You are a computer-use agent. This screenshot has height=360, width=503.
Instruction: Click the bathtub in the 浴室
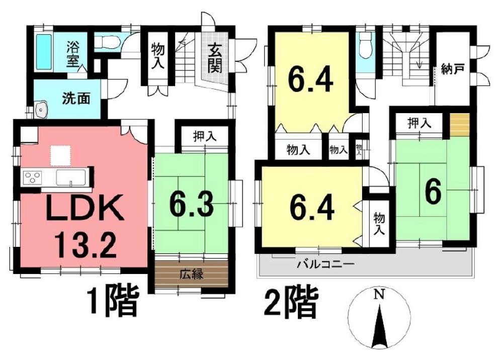pos(44,52)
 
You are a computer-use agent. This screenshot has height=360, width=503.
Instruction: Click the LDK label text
pos(85,208)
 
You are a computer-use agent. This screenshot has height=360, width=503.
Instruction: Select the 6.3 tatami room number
pos(192,205)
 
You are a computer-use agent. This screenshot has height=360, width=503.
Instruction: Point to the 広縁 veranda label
pos(191,275)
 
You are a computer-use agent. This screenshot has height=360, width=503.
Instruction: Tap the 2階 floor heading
pos(291,302)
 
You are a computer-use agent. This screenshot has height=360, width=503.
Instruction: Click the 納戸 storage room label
pos(452,69)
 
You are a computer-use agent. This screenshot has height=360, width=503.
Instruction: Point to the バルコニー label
pos(325,264)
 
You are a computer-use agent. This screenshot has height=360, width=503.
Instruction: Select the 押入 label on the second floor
pos(420,123)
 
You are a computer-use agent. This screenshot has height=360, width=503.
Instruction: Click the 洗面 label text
pos(76,99)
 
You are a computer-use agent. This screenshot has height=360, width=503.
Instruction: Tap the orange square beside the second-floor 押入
pos(459,125)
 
